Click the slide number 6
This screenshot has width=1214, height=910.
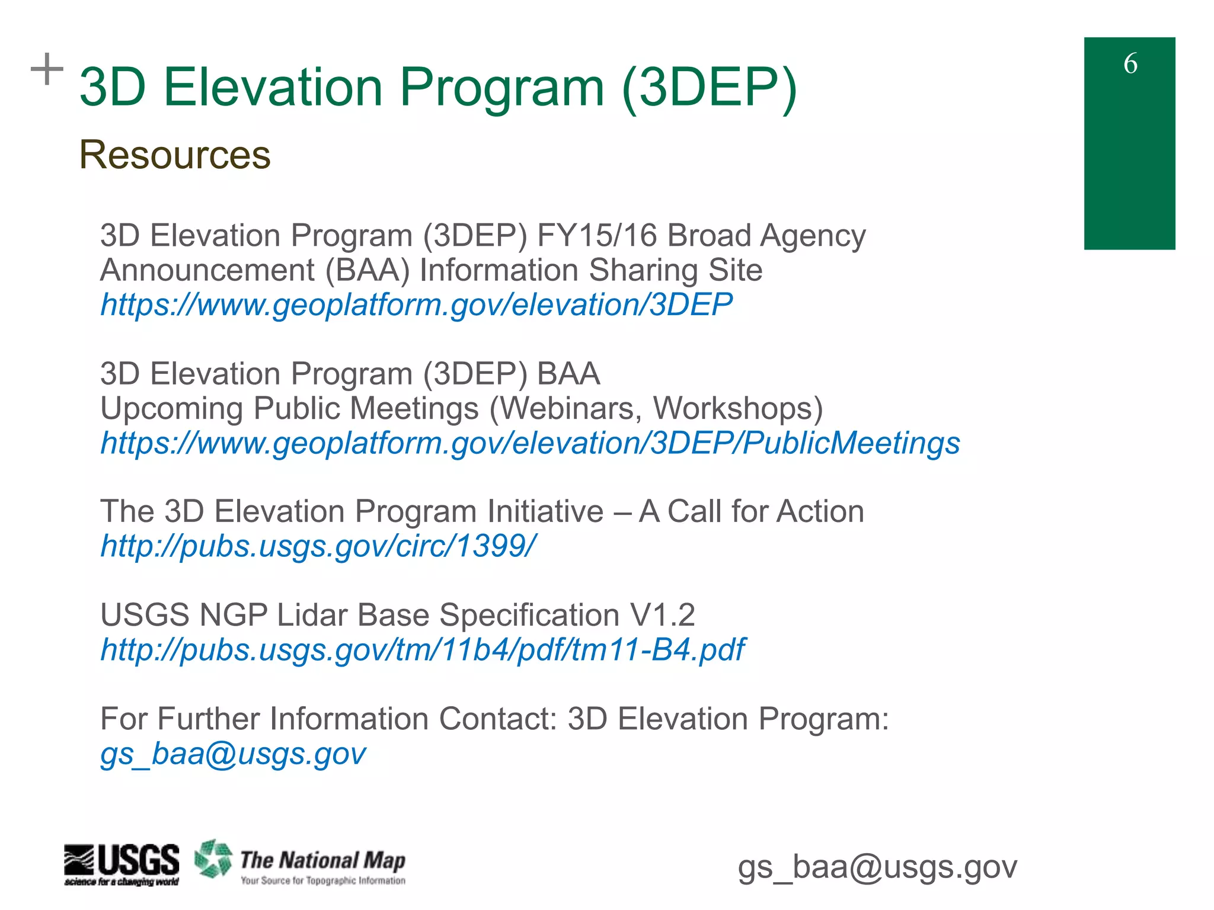1130,63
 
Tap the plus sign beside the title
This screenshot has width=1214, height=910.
47,69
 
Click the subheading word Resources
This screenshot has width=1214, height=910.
175,155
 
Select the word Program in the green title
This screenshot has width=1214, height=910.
501,88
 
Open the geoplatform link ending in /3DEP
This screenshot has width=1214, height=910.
417,305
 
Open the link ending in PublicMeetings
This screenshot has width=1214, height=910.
530,443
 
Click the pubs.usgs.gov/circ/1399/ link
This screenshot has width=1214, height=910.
318,546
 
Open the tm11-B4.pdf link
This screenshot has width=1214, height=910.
423,650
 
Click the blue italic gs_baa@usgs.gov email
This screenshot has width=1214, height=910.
233,754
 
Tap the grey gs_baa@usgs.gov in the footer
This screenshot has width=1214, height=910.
877,867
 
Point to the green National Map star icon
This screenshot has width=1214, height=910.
213,858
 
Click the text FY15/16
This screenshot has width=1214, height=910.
597,236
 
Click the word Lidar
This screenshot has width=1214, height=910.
312,615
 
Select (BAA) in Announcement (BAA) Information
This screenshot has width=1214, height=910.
368,271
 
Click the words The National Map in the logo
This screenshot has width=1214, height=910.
322,860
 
